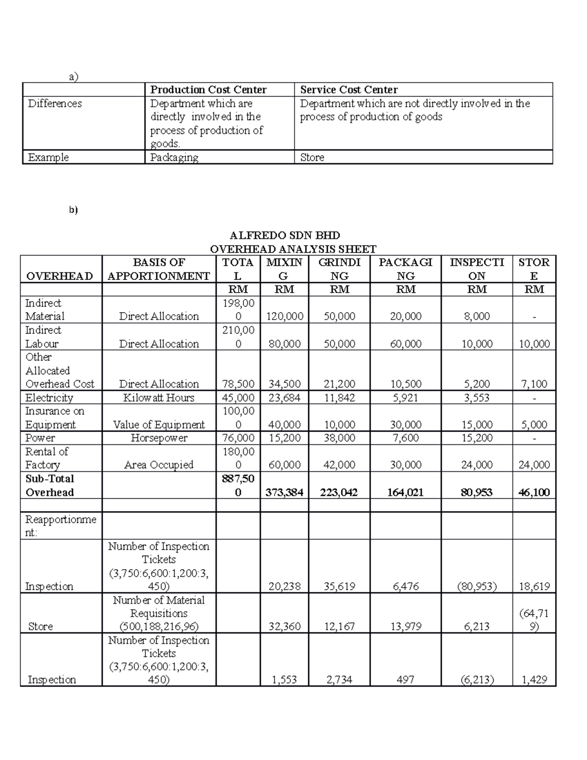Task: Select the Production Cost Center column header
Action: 208,90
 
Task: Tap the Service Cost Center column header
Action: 348,90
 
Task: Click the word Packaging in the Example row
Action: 174,157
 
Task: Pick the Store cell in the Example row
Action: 312,157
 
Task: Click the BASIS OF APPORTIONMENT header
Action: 158,269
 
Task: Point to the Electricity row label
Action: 49,397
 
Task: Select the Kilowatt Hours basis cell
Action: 158,397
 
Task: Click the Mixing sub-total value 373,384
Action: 284,492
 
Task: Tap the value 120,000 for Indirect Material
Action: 284,316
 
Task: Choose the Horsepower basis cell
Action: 158,438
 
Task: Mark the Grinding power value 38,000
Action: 339,438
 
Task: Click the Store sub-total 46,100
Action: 534,492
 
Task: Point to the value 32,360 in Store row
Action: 284,626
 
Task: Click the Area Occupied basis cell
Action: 158,464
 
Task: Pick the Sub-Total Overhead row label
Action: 49,485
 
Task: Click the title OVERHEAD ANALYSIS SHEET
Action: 293,249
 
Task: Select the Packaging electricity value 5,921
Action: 406,397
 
